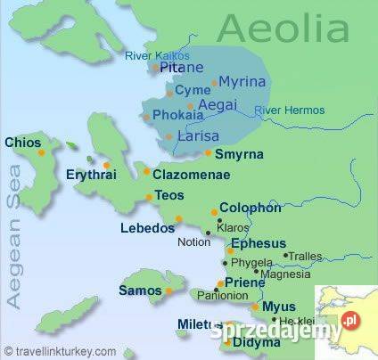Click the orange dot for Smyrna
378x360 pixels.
coord(208,152)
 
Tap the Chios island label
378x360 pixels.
coord(23,142)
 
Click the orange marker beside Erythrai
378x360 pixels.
coord(106,165)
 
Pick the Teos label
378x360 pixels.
coord(169,195)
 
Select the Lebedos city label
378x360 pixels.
coord(148,228)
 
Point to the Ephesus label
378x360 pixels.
coord(259,243)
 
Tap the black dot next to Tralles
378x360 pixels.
coord(285,256)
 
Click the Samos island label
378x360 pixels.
coord(139,290)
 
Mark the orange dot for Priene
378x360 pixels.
coord(220,284)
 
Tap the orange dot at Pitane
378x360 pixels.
coord(155,67)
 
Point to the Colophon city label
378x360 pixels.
coord(251,208)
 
